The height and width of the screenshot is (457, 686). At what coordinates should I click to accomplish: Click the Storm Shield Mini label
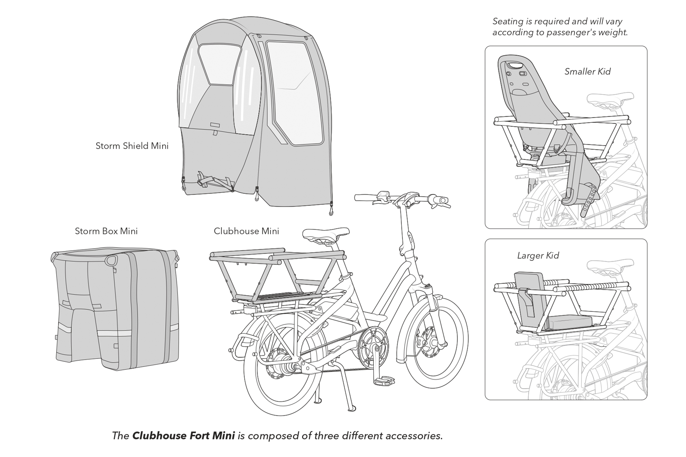(132, 146)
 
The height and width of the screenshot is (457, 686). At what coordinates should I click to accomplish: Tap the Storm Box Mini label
(106, 231)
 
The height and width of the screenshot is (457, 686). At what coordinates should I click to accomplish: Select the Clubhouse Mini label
(246, 231)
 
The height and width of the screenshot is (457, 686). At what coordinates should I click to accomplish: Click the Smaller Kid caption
(587, 71)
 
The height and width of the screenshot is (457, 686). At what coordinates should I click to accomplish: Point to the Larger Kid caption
(538, 256)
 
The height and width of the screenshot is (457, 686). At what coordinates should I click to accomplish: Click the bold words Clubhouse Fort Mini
(183, 436)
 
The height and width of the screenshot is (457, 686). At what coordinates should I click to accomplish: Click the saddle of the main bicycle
(325, 234)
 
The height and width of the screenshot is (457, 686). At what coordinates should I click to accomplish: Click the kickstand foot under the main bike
(352, 408)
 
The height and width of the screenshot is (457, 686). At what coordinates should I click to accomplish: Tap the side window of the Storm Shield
(294, 92)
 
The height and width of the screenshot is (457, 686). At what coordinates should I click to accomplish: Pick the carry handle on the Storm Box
(112, 260)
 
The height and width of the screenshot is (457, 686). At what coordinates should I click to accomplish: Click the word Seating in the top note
(507, 22)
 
